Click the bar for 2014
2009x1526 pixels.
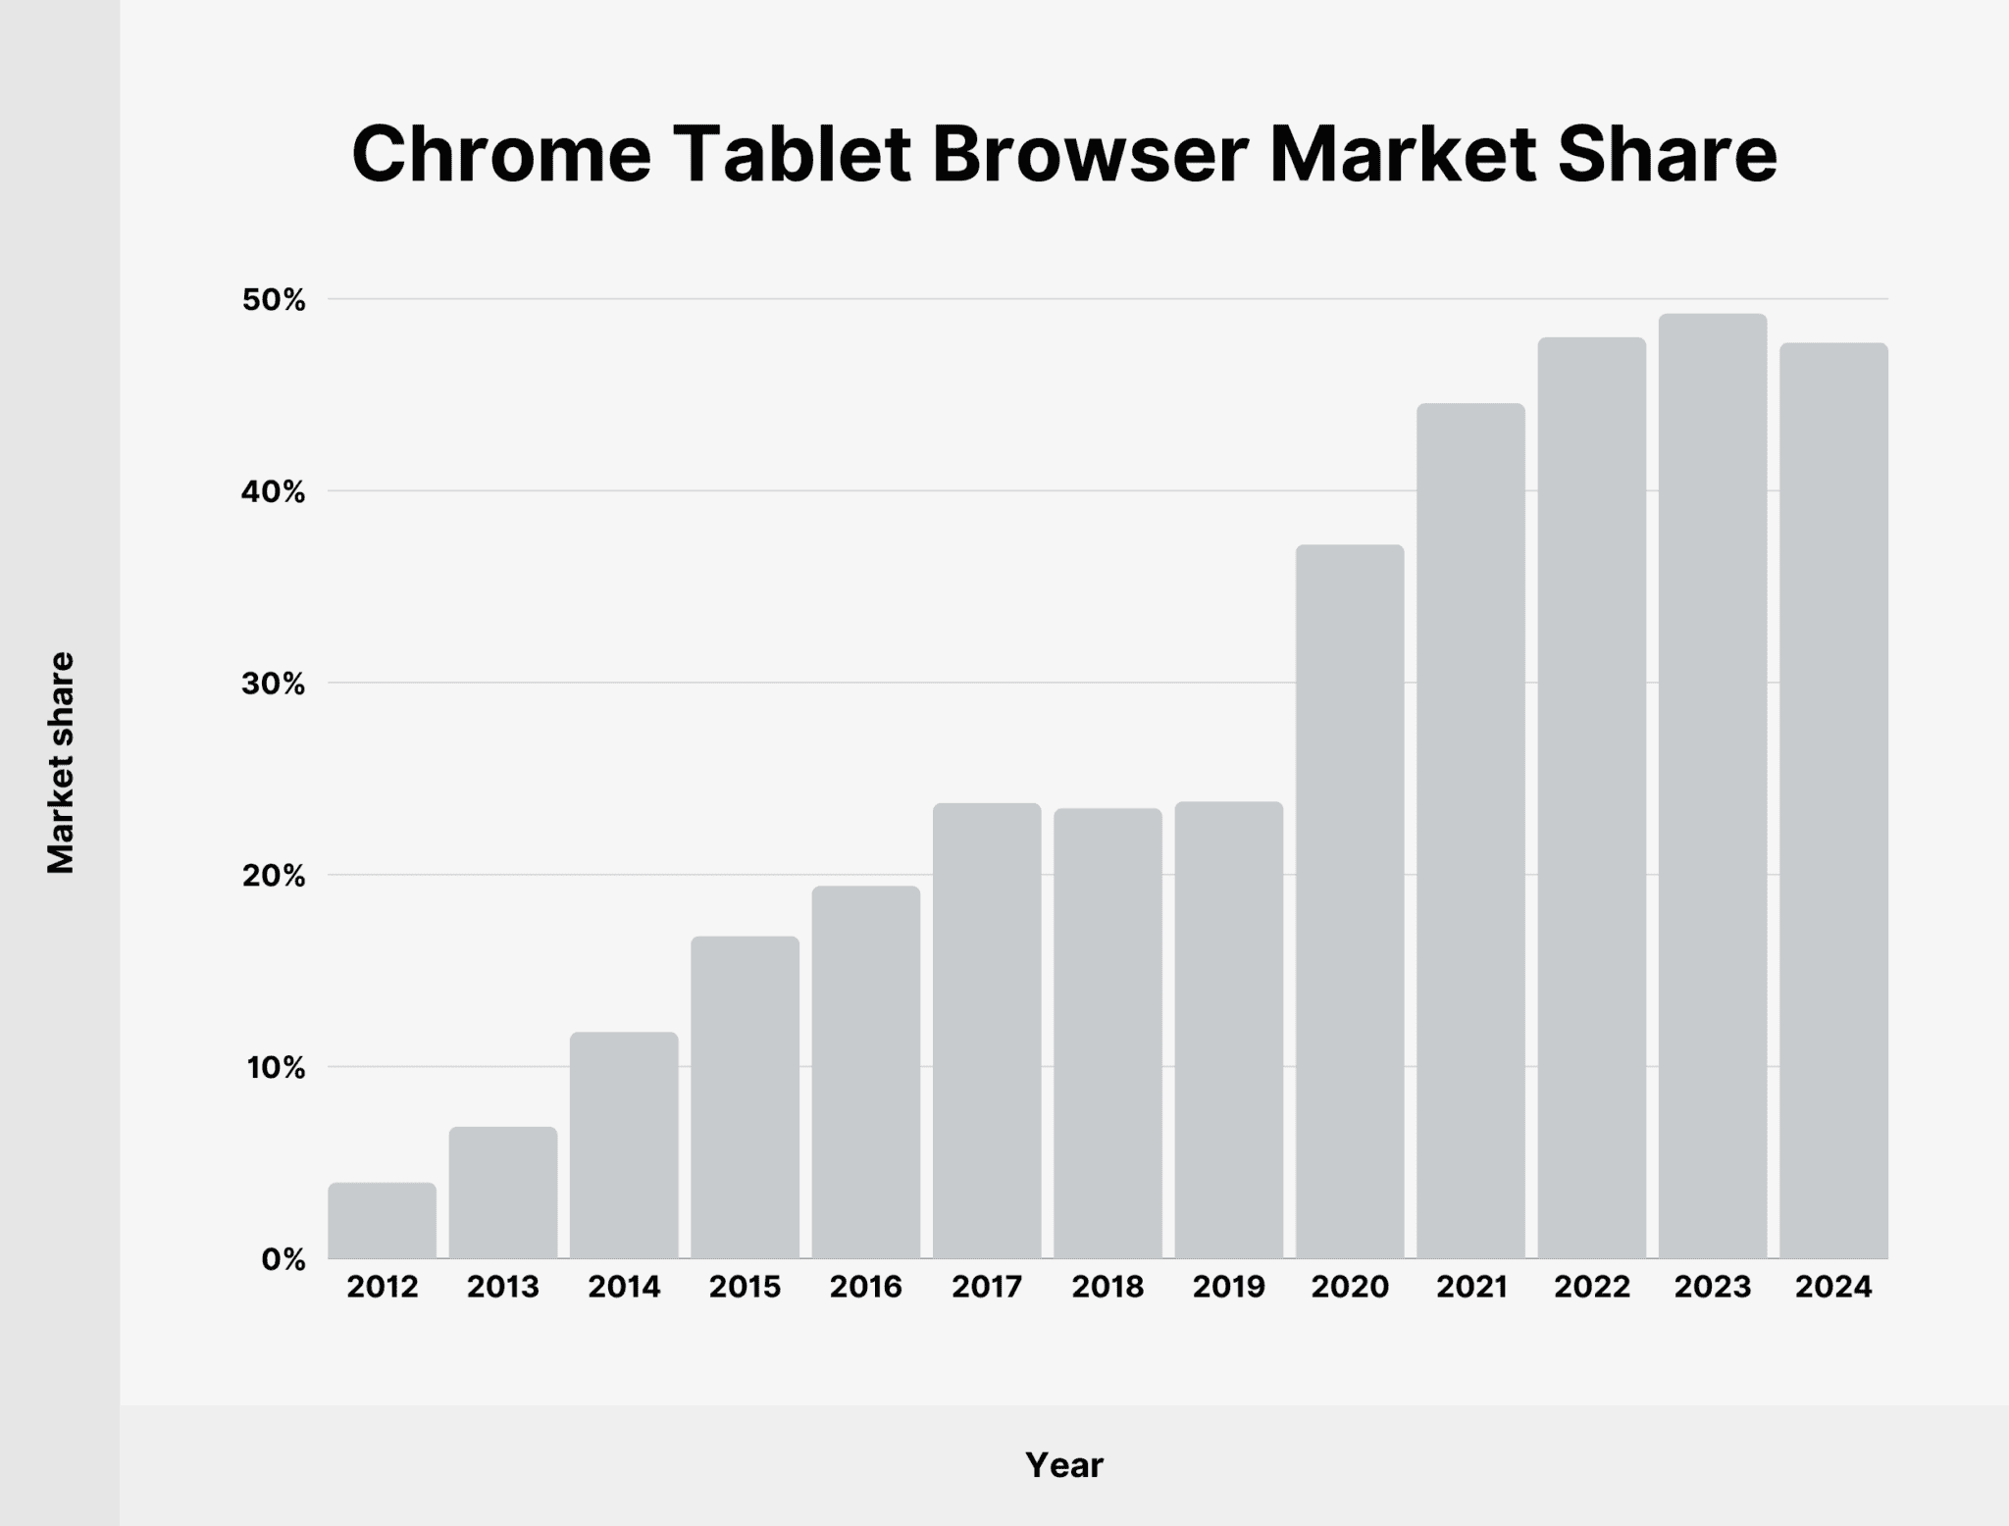[x=624, y=1144]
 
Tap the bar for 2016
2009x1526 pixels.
[x=866, y=1072]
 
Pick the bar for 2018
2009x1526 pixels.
[x=1108, y=1033]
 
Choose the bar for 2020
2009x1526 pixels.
[x=1350, y=901]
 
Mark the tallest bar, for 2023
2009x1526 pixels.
[x=1713, y=786]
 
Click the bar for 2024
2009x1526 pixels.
[x=1833, y=800]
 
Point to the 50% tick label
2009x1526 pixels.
[x=274, y=300]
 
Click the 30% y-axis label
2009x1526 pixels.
[x=274, y=684]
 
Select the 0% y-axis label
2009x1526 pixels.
[x=283, y=1260]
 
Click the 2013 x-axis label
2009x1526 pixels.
[x=503, y=1287]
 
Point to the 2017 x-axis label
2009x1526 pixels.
[x=987, y=1287]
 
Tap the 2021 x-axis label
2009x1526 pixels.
[x=1471, y=1287]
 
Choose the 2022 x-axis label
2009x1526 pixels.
[x=1592, y=1287]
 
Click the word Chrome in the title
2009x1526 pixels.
[x=501, y=155]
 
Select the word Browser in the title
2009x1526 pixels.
[x=1090, y=155]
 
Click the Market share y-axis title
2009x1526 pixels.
[x=61, y=762]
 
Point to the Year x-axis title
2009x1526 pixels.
[x=1064, y=1465]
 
